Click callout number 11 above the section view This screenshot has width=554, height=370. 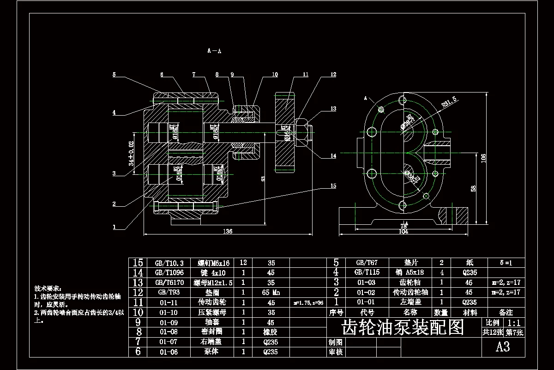click(x=306, y=74)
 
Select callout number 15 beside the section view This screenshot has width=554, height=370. click(x=333, y=186)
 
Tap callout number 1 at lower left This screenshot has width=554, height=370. click(x=114, y=227)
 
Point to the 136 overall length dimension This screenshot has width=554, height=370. click(x=228, y=231)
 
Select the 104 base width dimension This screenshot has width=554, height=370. click(x=403, y=231)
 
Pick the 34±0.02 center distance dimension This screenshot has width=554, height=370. click(x=132, y=154)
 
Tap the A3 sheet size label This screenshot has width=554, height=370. click(x=503, y=347)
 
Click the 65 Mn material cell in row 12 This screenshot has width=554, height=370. click(x=271, y=293)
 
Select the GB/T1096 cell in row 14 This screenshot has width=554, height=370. click(x=169, y=272)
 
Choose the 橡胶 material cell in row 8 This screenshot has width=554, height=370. click(x=271, y=332)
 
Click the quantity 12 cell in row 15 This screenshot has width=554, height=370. click(x=243, y=263)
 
